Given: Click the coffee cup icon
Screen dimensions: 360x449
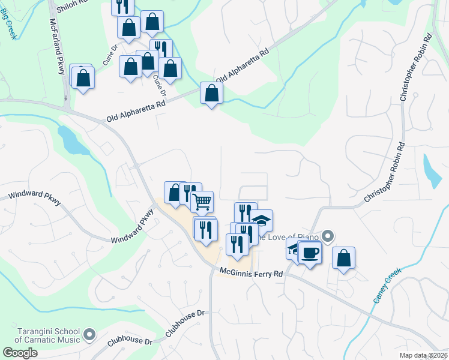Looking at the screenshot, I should click(x=310, y=252).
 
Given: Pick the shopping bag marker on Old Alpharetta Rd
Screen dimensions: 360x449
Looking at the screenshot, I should click(x=211, y=94).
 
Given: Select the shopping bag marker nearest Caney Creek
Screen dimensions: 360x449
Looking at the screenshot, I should click(x=343, y=258).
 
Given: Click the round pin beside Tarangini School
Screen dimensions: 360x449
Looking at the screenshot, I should click(x=89, y=333).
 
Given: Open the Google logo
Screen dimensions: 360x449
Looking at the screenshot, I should click(x=20, y=353).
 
